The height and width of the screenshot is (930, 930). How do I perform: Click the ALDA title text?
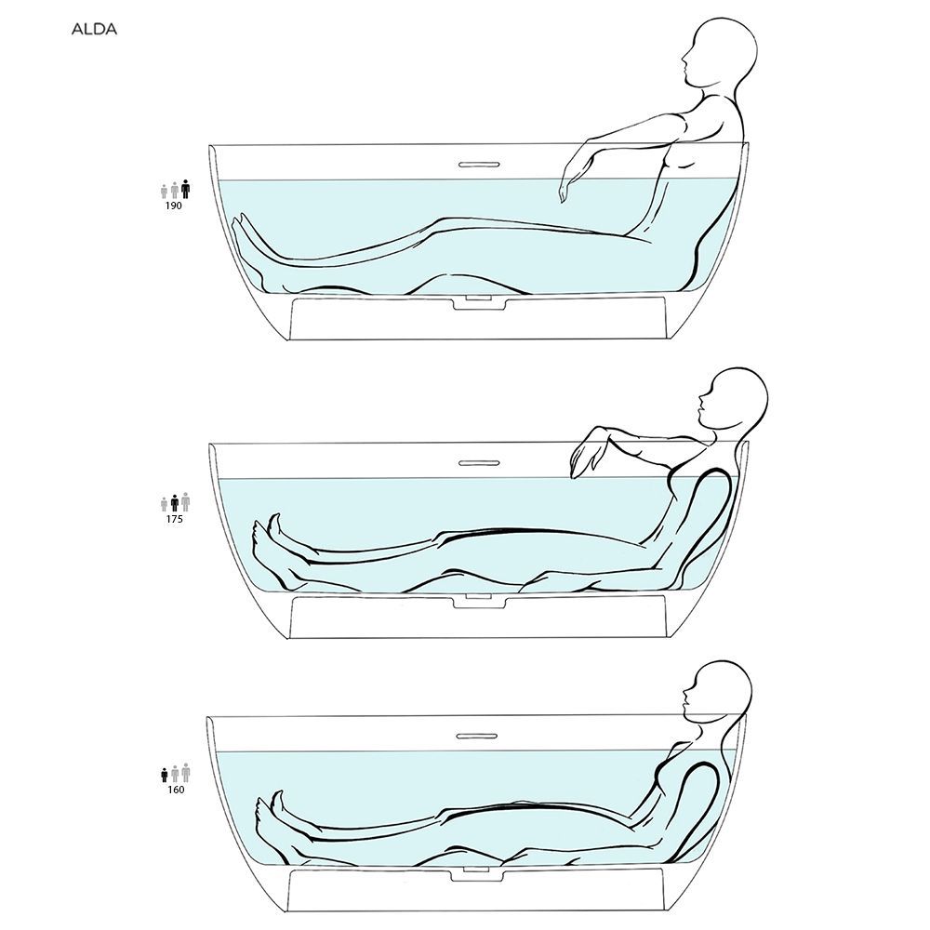tap(94, 29)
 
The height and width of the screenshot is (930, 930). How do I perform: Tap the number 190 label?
tap(174, 206)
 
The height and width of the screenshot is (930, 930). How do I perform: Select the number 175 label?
tap(174, 518)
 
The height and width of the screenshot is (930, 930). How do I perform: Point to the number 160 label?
tap(176, 790)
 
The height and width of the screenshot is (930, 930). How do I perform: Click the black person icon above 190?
tap(186, 189)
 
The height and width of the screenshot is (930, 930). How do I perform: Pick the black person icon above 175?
tap(175, 503)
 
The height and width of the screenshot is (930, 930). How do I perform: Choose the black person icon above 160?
tap(165, 775)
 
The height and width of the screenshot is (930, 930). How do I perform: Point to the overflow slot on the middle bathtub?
tap(478, 462)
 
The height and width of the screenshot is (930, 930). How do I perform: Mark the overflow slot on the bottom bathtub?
tap(476, 736)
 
